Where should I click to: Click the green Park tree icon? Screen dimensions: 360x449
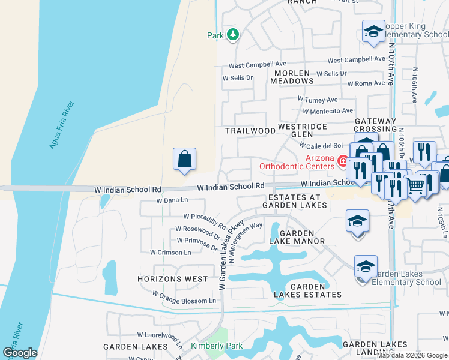coord(233,35)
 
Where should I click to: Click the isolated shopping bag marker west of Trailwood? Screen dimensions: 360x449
coord(185,160)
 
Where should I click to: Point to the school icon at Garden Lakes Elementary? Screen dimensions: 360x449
coord(365,266)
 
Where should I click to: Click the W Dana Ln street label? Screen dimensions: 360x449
coord(172,201)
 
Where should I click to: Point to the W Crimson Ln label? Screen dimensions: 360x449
coord(170,253)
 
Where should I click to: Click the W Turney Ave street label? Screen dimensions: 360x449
coord(318,100)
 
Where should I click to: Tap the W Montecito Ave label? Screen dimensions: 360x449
coord(328,111)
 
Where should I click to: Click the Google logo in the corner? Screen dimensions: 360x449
coord(20,353)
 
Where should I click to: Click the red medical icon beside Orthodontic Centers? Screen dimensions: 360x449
coord(342,161)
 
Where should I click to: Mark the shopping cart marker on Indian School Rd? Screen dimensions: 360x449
coord(415,186)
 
